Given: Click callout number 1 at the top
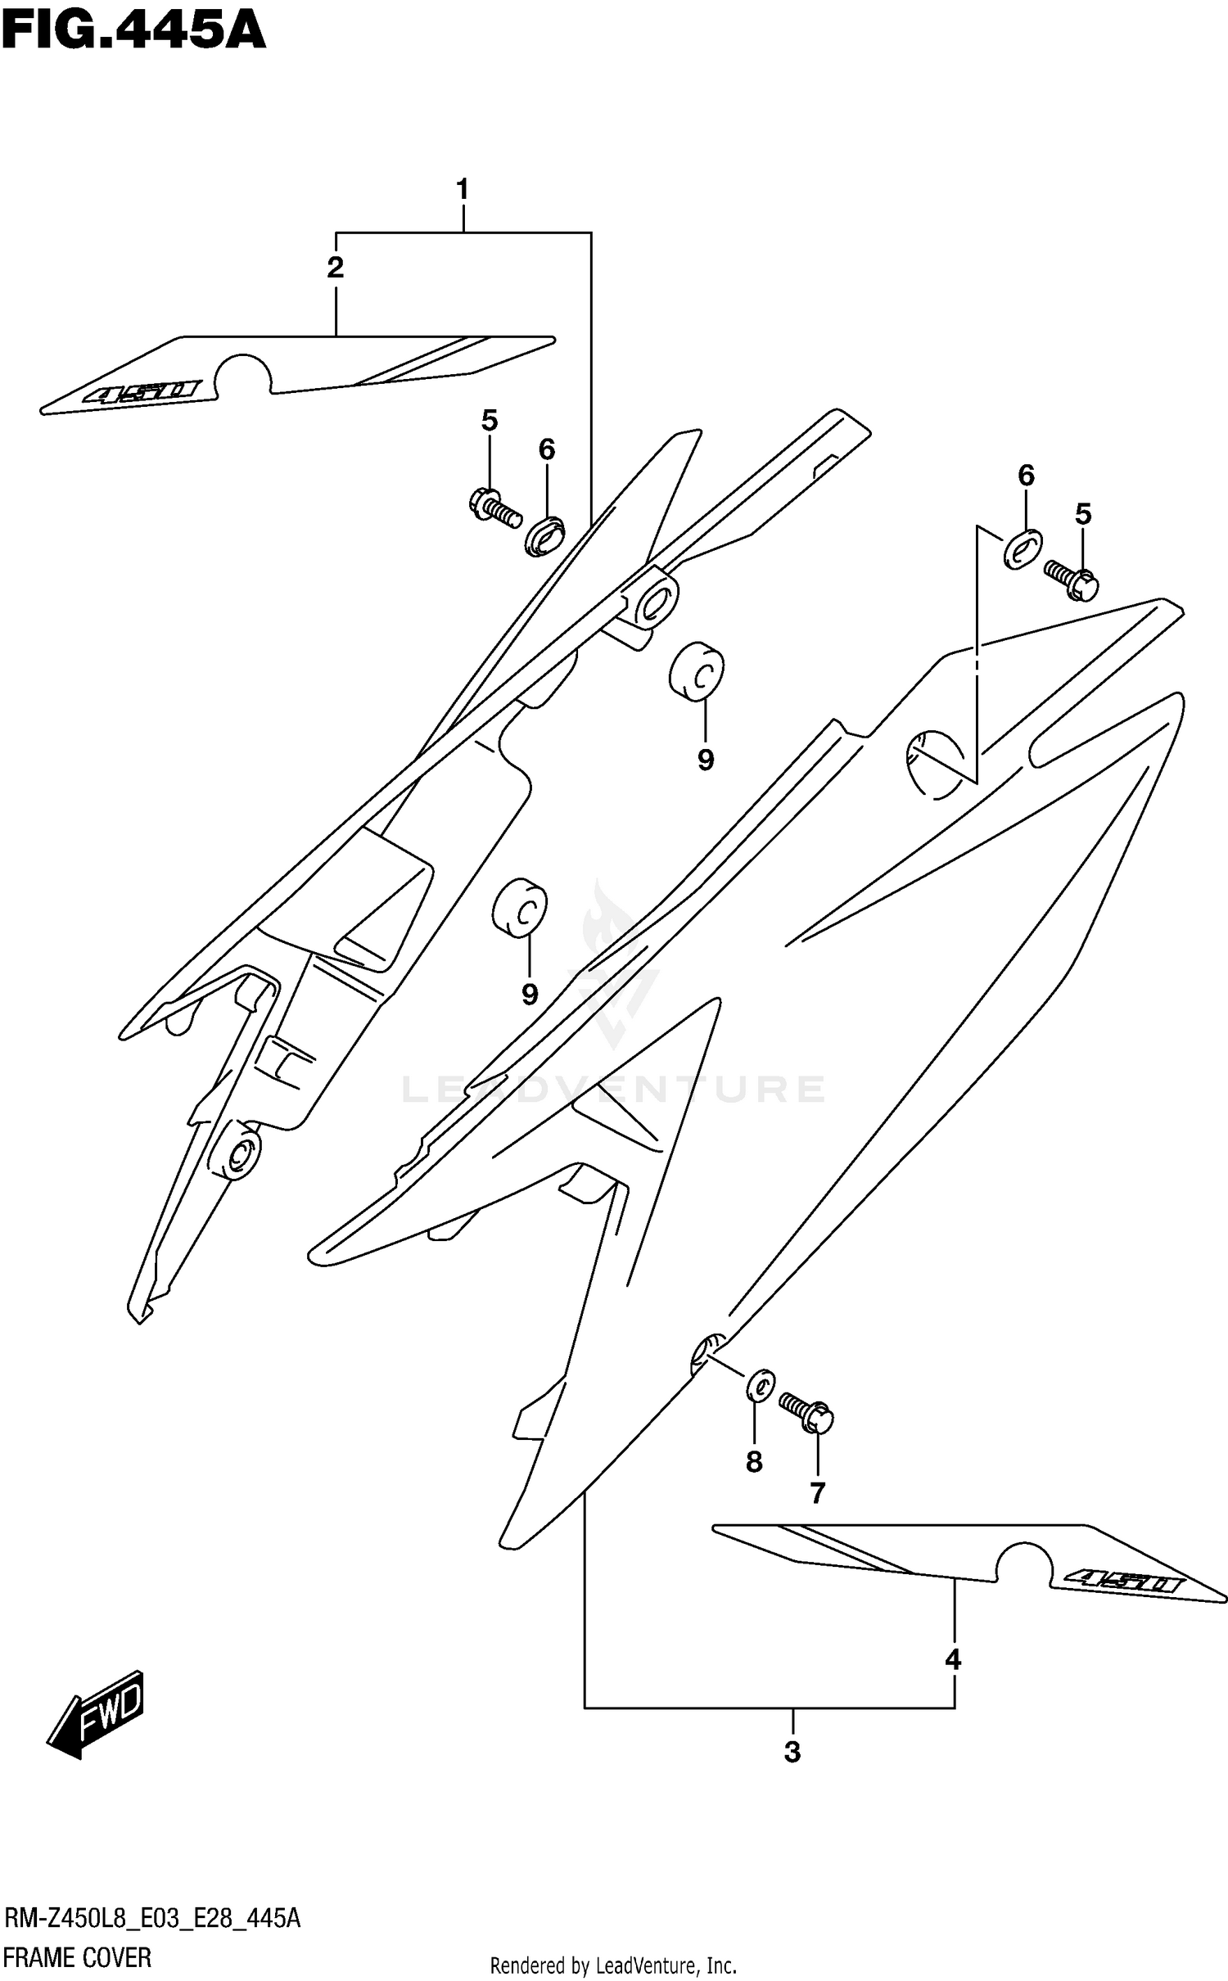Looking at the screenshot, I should click(x=463, y=190).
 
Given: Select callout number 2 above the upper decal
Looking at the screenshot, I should click(x=335, y=268).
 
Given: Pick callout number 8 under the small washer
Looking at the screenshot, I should click(x=754, y=1461).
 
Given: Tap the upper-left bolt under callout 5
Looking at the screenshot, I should click(x=494, y=508).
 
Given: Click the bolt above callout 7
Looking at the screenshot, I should click(x=806, y=1413).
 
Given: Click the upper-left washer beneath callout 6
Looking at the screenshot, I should click(x=544, y=535).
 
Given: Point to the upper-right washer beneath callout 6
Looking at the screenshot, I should click(x=1023, y=549).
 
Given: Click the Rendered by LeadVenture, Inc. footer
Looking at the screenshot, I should click(x=613, y=1964).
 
